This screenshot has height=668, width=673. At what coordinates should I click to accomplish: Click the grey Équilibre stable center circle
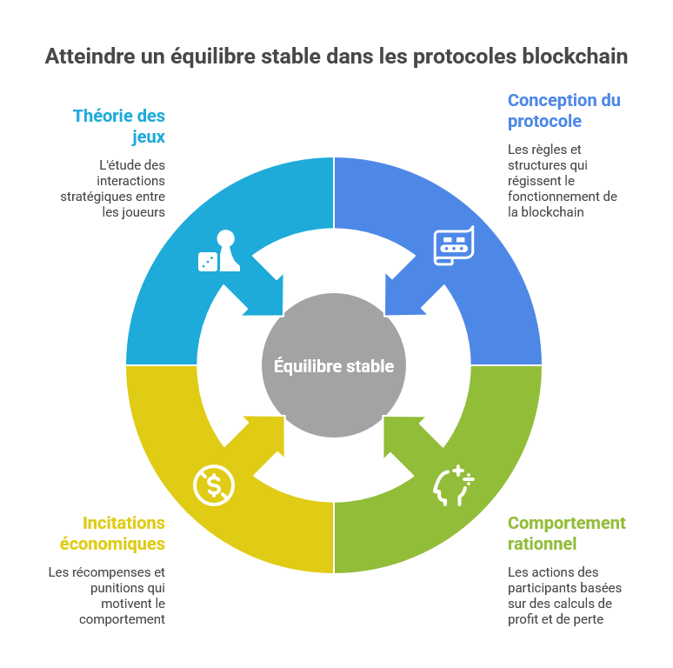(334, 365)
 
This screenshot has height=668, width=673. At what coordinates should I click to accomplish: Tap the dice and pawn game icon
(218, 251)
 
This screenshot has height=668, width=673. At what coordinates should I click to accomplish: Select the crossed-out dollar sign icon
(214, 484)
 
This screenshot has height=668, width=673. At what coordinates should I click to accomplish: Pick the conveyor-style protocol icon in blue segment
(453, 244)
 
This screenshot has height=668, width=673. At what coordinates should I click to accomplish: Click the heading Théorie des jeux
(119, 126)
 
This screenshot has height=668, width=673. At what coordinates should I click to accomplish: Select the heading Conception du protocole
(563, 110)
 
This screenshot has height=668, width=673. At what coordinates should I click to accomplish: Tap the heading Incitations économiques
(112, 533)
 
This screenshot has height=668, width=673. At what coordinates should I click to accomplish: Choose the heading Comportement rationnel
(566, 533)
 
